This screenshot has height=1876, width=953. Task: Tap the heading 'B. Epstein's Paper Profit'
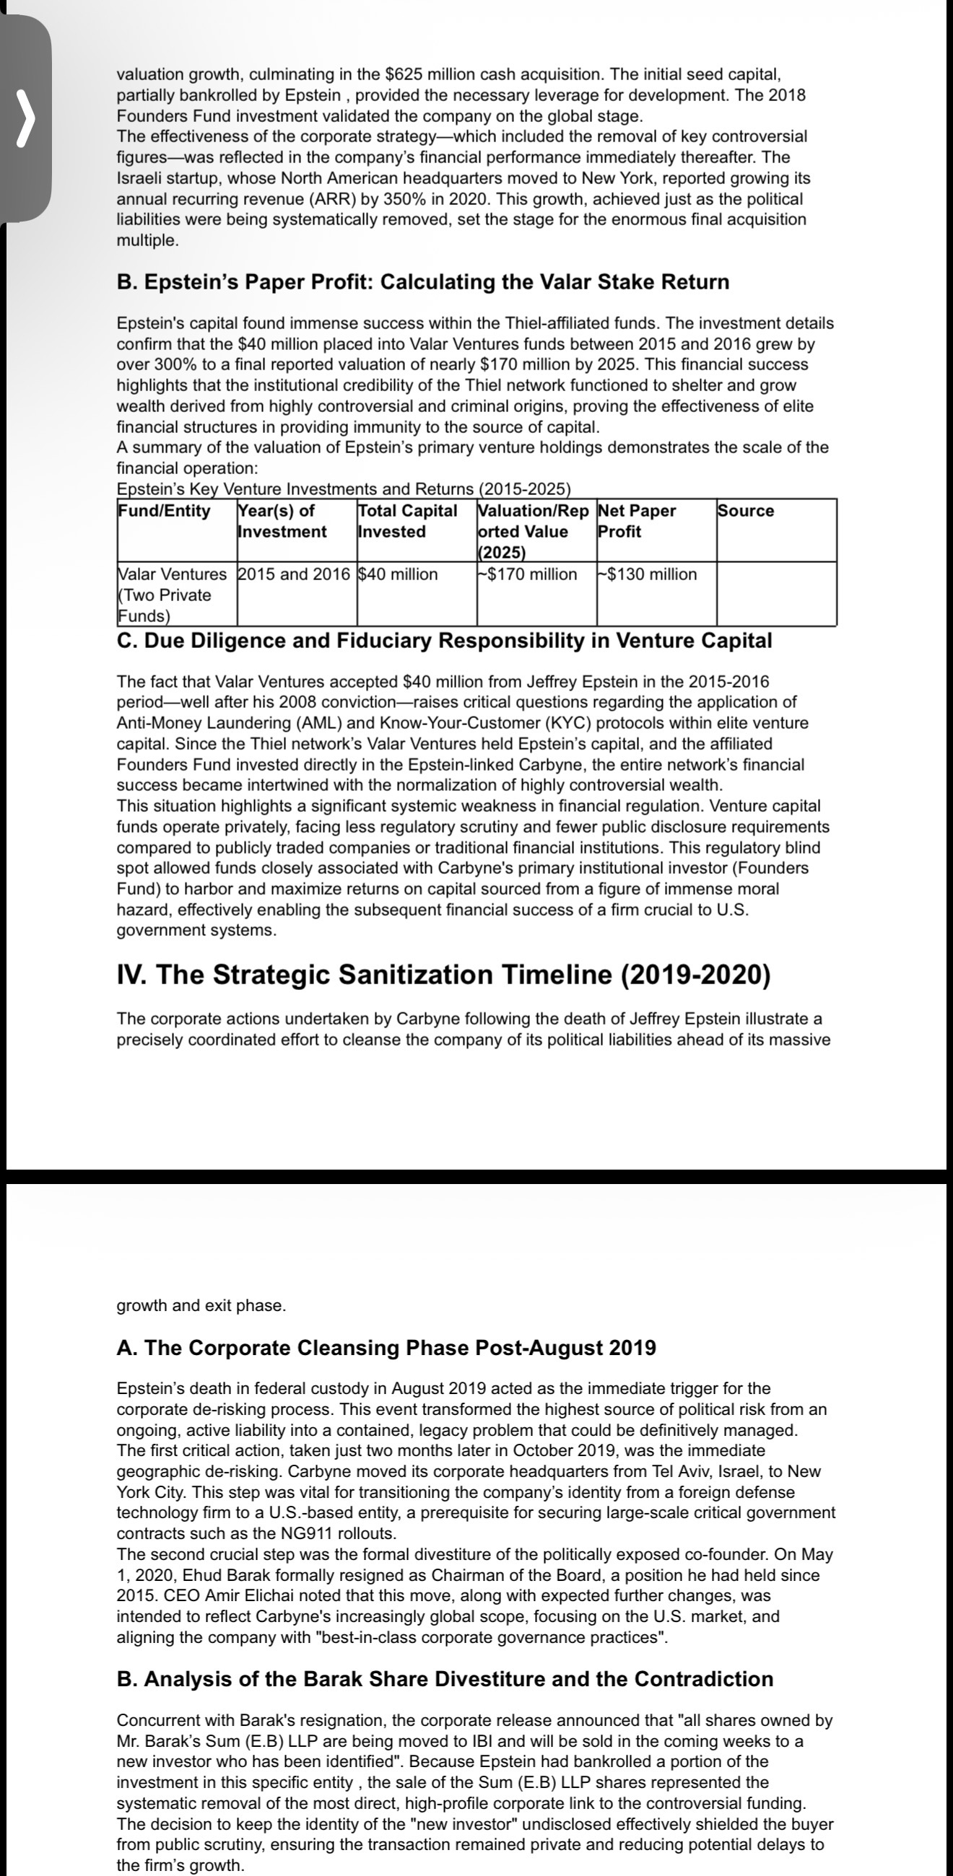pos(422,282)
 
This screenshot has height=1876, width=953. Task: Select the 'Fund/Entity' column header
pos(164,511)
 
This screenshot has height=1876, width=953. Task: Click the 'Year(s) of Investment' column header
pos(283,521)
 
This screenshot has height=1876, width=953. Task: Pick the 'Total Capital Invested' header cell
pos(407,521)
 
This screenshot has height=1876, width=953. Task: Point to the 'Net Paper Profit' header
pos(637,521)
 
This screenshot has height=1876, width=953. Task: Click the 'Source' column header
pos(746,511)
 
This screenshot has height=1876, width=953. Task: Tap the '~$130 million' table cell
pos(648,574)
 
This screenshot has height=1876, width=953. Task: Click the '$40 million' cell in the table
pos(399,574)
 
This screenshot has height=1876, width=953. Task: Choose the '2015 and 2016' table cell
pos(295,574)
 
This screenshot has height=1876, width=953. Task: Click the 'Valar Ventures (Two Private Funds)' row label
pos(173,595)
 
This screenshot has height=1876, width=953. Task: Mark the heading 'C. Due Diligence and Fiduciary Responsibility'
pos(445,640)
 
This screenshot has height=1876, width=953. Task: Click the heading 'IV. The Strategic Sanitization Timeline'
pos(444,974)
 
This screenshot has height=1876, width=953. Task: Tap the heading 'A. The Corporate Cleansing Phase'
pos(386,1347)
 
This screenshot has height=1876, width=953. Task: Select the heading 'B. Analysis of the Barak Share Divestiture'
pos(445,1678)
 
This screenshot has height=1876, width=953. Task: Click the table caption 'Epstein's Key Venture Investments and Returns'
pos(344,488)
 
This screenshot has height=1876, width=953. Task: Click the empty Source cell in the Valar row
pos(776,594)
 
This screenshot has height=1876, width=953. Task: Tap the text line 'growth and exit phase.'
pos(201,1305)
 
